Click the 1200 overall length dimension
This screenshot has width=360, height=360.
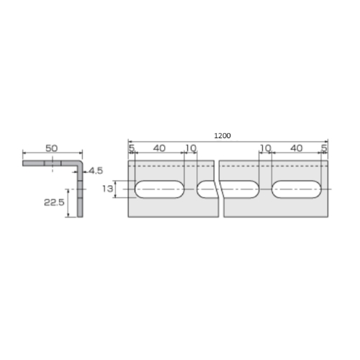[222, 136]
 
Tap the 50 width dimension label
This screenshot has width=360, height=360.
[52, 148]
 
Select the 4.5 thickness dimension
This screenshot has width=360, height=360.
[96, 171]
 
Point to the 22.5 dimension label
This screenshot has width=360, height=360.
[54, 202]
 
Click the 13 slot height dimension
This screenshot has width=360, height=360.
[107, 189]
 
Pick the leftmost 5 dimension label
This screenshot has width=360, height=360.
[132, 148]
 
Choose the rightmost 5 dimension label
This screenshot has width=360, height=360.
[324, 148]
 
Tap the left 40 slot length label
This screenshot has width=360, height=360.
[159, 148]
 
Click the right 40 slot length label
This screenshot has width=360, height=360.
[297, 148]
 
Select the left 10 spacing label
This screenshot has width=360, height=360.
[191, 148]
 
